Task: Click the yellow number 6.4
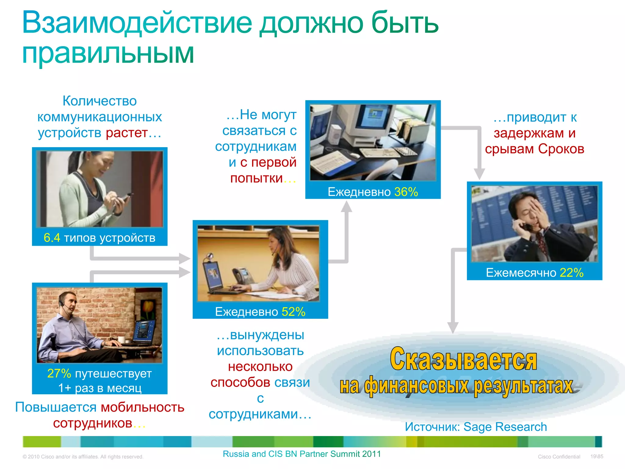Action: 52,238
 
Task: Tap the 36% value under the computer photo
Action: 406,192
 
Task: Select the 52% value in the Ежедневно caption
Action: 293,312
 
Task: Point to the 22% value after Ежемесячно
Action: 571,272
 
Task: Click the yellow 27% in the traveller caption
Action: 59,373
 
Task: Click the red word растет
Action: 127,133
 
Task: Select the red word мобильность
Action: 143,407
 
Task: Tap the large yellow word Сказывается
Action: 463,359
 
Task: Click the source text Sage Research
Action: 505,427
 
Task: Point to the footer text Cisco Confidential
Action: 559,456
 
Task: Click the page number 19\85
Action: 597,456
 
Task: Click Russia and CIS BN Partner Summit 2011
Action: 302,454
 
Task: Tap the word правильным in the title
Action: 108,53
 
